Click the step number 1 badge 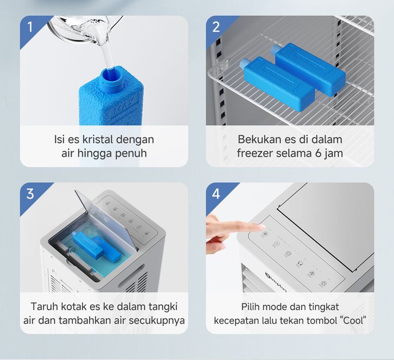click(30, 27)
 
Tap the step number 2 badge click(216, 27)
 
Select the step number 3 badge click(30, 194)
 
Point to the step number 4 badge click(216, 194)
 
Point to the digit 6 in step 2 click(318, 153)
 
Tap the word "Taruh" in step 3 click(43, 306)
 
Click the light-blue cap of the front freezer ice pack click(244, 63)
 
